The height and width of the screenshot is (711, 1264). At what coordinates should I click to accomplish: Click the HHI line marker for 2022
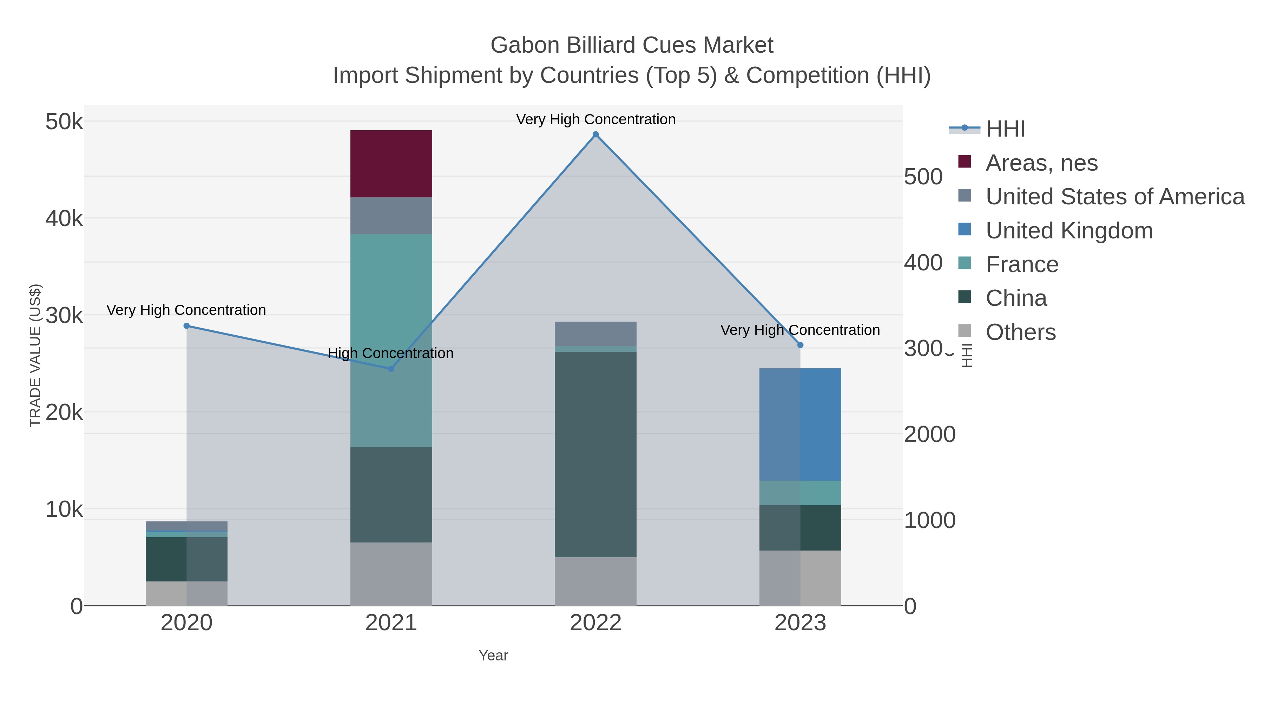(x=596, y=134)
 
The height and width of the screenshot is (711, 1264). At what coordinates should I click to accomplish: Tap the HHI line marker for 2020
(x=186, y=326)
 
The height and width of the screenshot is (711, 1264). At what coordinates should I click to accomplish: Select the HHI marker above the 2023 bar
(x=800, y=345)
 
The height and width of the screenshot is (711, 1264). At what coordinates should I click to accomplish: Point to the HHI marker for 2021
(x=391, y=369)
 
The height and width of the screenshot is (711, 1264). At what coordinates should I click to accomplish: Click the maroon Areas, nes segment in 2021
(x=391, y=164)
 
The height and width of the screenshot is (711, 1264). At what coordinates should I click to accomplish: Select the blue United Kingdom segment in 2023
(x=800, y=424)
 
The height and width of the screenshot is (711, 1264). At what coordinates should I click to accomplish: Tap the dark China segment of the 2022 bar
(x=596, y=454)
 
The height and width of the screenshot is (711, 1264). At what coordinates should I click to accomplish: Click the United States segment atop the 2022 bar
(x=596, y=334)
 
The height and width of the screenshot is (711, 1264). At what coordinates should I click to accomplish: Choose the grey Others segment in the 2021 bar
(x=391, y=574)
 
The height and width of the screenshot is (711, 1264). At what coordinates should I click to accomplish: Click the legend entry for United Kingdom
(x=1069, y=231)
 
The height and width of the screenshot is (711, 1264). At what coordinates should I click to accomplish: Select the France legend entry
(x=1022, y=264)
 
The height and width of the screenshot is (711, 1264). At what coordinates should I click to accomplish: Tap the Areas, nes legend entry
(x=1041, y=163)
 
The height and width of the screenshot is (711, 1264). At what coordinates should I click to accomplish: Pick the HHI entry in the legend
(x=1005, y=129)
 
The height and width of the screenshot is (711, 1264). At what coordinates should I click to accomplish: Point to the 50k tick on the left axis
(x=64, y=122)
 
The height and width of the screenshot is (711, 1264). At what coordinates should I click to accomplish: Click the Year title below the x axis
(x=493, y=656)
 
